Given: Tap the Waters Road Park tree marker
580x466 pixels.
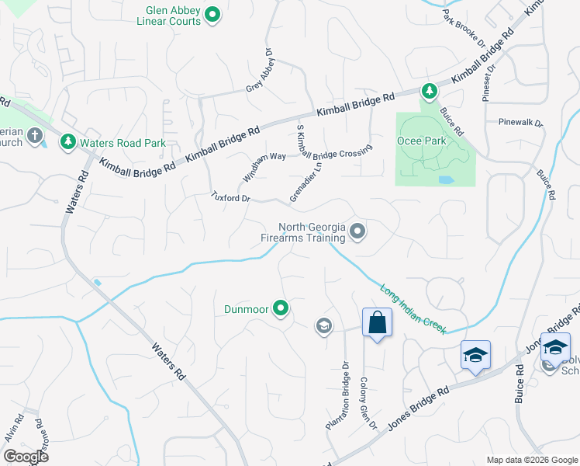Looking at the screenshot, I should [68, 142].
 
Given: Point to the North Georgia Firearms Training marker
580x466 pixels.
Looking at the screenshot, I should [357, 231].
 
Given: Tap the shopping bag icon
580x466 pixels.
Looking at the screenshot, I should [376, 322].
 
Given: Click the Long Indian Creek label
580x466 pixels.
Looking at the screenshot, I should [413, 308].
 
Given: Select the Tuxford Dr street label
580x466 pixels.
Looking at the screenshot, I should [232, 198].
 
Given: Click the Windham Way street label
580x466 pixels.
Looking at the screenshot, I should [264, 167].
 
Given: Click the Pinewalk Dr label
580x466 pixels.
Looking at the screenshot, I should [521, 122].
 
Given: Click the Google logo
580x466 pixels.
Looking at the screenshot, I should [25, 456].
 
